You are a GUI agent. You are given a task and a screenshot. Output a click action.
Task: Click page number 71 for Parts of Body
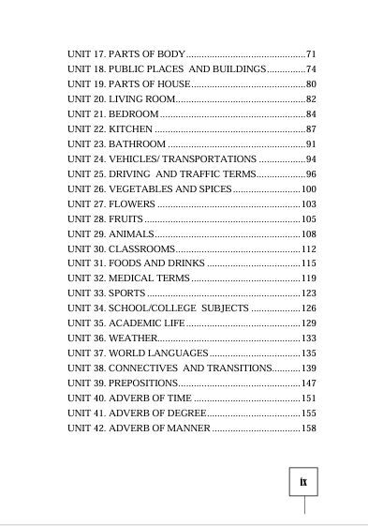click(x=312, y=53)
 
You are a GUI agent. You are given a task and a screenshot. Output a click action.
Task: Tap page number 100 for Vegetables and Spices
click(x=309, y=188)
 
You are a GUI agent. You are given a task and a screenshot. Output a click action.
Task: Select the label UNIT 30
click(x=86, y=248)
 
